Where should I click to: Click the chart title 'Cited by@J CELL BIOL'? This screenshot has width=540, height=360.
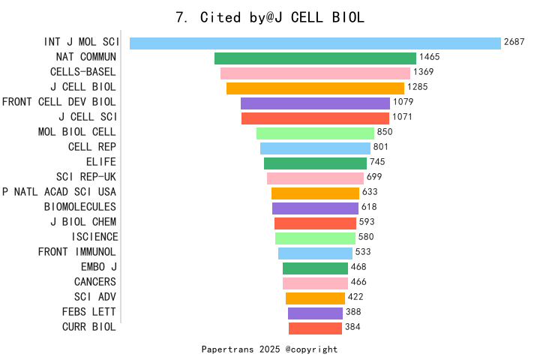(x=270, y=18)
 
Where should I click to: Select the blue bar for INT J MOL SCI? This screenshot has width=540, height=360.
(x=315, y=43)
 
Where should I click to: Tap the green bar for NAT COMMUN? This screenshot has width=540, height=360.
(x=315, y=58)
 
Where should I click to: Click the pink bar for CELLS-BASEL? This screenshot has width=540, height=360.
(x=315, y=73)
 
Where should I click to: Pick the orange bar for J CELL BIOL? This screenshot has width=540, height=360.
(x=315, y=88)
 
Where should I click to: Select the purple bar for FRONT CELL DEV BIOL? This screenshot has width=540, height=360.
(x=315, y=103)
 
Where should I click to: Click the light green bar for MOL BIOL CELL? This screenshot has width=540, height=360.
(x=315, y=133)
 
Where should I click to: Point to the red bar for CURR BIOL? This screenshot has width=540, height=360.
(x=315, y=328)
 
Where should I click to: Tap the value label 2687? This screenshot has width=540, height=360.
(x=514, y=43)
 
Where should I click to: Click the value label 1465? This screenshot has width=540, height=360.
(x=429, y=58)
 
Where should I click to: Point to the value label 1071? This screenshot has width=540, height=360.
(x=402, y=118)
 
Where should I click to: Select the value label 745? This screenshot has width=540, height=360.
(x=377, y=163)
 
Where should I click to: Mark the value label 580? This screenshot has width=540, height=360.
(x=366, y=238)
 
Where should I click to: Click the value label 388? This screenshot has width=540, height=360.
(x=353, y=313)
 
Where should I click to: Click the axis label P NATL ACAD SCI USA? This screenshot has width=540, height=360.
(x=59, y=193)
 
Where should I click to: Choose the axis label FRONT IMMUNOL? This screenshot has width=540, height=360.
(x=77, y=253)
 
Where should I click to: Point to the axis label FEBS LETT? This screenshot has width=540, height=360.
(x=89, y=313)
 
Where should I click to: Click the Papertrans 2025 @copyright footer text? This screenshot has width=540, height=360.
(x=270, y=349)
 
